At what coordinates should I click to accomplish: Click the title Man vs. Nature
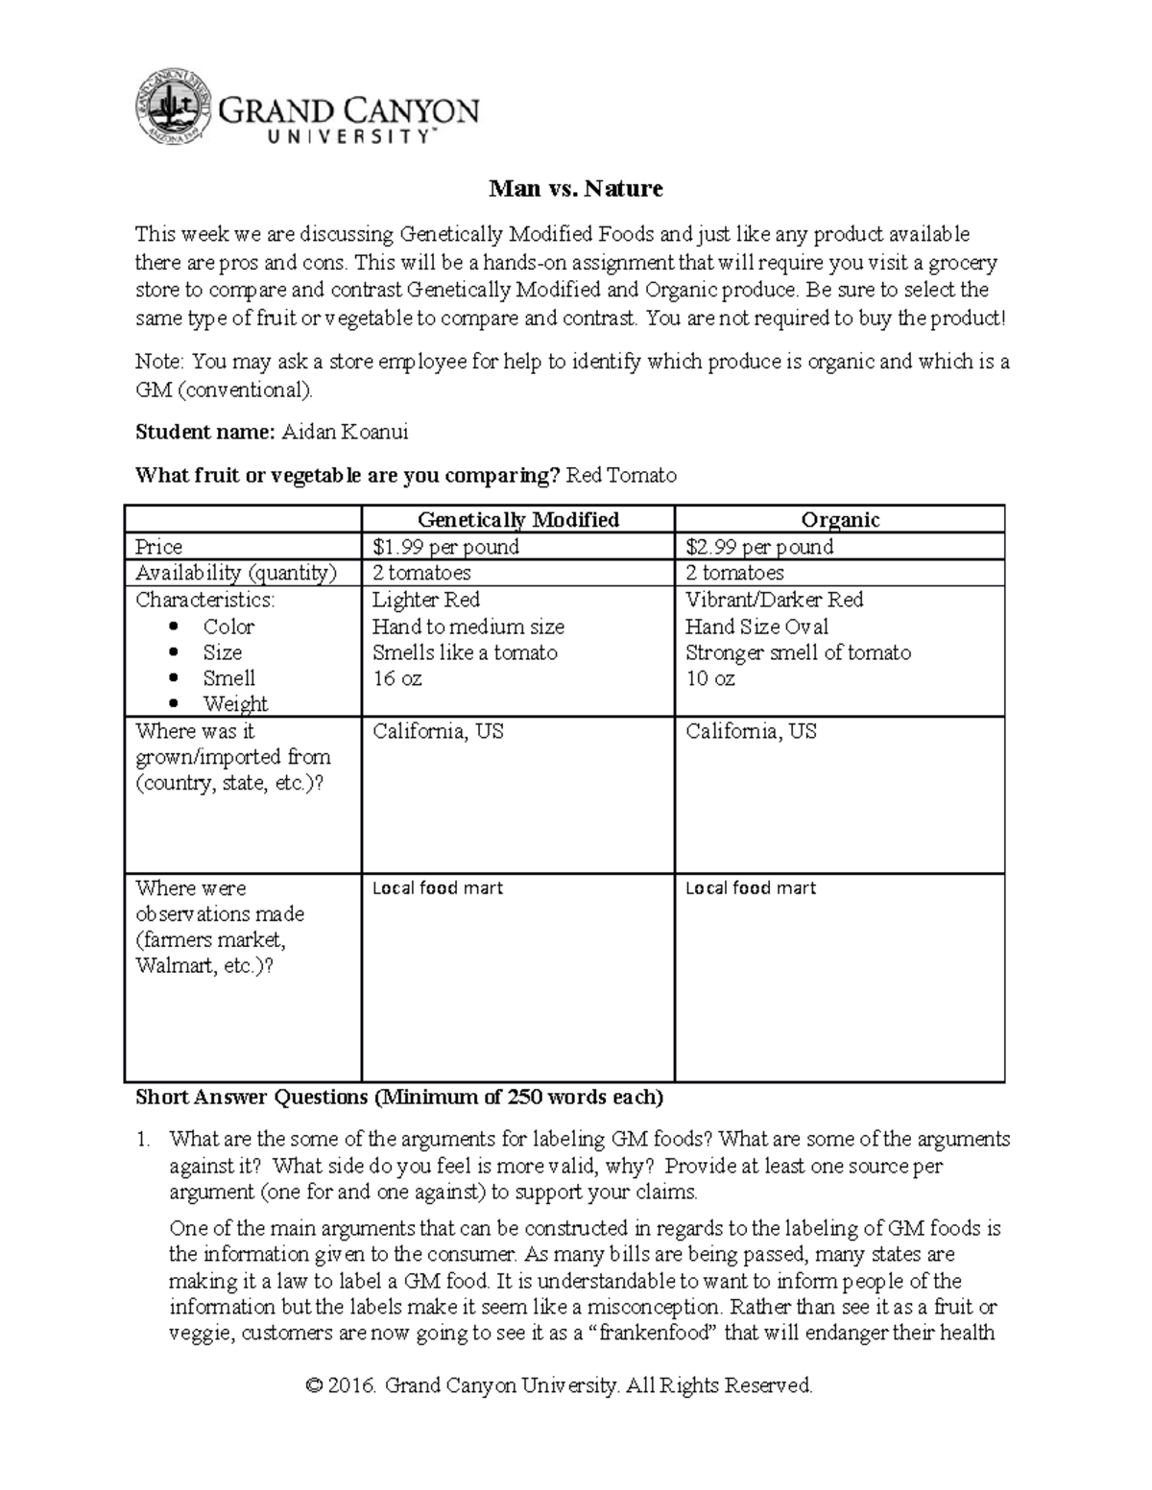click(575, 189)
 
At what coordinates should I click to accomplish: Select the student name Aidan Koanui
click(345, 433)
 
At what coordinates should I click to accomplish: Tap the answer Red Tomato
click(621, 475)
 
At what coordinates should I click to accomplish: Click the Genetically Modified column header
click(517, 520)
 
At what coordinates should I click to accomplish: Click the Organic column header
click(840, 520)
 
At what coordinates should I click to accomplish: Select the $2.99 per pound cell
click(759, 547)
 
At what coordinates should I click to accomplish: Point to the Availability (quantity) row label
click(236, 573)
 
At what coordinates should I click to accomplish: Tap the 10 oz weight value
click(710, 678)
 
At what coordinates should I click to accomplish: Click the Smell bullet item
click(228, 678)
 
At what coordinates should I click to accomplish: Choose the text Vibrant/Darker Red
click(774, 600)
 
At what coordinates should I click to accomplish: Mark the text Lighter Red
click(426, 600)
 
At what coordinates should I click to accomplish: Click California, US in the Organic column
click(751, 731)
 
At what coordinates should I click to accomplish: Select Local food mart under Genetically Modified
click(437, 888)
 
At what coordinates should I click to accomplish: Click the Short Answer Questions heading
click(398, 1097)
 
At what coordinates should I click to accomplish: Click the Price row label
click(159, 547)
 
